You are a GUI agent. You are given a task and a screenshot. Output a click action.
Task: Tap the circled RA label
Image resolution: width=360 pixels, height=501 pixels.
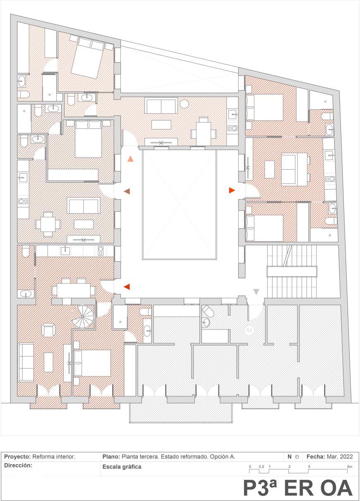coord(249,330)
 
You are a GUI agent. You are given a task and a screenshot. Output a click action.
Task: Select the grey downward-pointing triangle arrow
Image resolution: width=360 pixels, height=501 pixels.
coord(256,292)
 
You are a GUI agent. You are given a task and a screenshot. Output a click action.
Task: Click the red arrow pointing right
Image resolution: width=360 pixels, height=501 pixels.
coord(232,190)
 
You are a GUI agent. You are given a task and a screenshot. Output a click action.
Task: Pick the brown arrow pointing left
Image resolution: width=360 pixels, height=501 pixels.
coord(127,191)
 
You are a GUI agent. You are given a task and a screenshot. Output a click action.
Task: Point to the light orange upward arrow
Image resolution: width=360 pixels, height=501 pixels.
coord(131,159)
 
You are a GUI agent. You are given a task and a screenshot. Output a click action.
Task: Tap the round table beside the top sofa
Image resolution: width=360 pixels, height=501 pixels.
coord(184,104)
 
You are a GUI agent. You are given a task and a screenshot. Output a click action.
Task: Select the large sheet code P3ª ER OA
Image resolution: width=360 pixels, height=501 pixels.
coord(298,488)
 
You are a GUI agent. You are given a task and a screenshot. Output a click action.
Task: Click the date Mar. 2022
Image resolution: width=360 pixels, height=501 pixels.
coord(340,457)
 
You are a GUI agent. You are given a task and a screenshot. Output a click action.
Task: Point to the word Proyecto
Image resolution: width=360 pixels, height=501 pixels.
coord(17,457)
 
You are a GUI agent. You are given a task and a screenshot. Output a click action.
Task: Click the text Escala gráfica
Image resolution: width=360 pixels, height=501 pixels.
coord(122,467)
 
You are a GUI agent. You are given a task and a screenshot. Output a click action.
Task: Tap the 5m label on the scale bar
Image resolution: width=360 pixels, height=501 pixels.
coord(350,467)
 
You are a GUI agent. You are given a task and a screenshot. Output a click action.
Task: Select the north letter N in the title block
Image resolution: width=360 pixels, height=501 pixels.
coord(290,457)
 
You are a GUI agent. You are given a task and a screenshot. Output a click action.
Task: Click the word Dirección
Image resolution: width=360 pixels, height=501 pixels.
coord(18,465)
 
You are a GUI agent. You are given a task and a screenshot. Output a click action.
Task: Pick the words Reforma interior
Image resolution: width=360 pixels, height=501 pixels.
coord(54,457)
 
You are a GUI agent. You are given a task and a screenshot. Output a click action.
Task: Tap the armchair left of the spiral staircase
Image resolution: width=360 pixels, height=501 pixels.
coord(49,330)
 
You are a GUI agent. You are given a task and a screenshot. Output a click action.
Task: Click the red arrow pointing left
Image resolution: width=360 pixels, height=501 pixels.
coord(127,287)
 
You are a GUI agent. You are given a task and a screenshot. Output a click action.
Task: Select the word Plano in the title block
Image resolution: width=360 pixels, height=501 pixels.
coord(110,457)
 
